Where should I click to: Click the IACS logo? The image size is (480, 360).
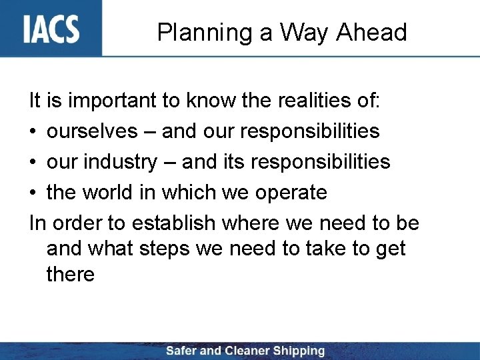(x=51, y=29)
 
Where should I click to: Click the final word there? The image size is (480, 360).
(x=71, y=273)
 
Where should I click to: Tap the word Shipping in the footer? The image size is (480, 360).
(x=297, y=351)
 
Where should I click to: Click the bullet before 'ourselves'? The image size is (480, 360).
(x=33, y=132)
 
